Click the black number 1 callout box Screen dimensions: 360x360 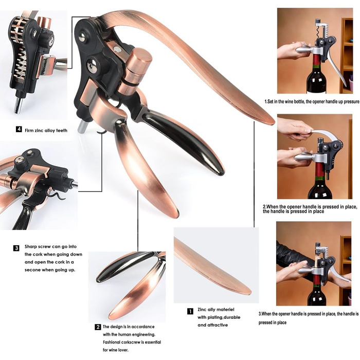190,311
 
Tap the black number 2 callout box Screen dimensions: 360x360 98,327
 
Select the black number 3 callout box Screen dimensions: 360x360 16,248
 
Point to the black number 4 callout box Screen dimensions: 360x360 19,129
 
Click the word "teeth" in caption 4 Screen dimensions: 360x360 62,131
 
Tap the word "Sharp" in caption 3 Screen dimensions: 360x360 31,247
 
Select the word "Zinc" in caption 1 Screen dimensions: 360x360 202,310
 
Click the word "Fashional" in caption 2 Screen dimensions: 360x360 112,342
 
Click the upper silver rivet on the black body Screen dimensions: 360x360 82,38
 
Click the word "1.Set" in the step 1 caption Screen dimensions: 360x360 270,101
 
